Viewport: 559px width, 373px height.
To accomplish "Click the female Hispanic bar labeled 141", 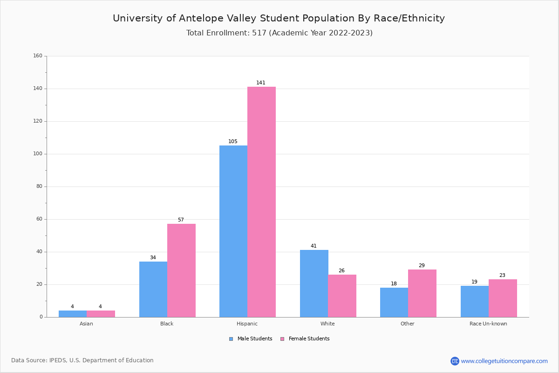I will [x=261, y=201].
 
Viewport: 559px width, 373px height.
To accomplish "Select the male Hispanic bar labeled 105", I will [x=233, y=231].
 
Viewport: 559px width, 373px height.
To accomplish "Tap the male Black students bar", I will [x=153, y=289].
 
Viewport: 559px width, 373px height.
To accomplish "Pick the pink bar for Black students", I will [x=181, y=270].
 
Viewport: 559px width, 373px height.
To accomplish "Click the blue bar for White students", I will [x=314, y=283].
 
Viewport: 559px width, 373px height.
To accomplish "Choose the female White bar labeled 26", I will [x=342, y=296].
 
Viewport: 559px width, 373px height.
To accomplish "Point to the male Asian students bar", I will [x=73, y=314].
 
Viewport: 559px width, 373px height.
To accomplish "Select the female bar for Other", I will [x=422, y=293].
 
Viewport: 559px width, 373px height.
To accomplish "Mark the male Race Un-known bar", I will [x=475, y=301].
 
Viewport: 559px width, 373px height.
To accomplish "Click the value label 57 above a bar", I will [x=181, y=220].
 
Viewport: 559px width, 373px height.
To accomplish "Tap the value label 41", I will [x=314, y=246].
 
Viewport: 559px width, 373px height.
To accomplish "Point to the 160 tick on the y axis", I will [x=38, y=56].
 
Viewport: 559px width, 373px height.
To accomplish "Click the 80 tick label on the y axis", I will [x=39, y=186].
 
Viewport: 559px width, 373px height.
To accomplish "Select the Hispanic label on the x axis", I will [x=247, y=324].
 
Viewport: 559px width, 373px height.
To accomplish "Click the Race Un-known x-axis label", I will [x=488, y=324].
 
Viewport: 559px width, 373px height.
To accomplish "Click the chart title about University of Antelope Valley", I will [x=279, y=19].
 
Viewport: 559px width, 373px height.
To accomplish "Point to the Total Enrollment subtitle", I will [x=279, y=33].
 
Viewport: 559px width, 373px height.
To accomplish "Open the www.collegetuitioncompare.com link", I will [x=504, y=361].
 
